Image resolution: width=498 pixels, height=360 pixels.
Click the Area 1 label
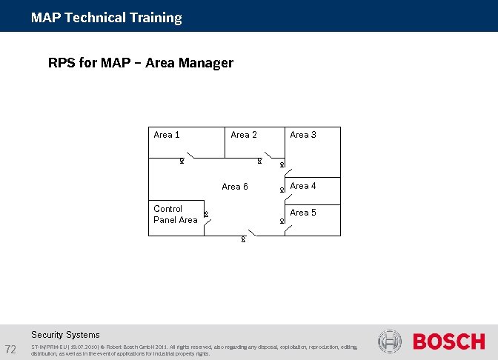[x=166, y=135]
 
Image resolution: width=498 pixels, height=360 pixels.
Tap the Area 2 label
[x=244, y=135]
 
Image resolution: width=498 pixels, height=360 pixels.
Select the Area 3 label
[x=303, y=135]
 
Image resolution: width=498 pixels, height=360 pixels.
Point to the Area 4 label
[x=303, y=186]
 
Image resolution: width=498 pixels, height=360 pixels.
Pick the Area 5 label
[x=303, y=213]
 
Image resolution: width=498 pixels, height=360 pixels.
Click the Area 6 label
[x=235, y=187]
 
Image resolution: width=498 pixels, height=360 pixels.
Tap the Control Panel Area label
[x=175, y=214]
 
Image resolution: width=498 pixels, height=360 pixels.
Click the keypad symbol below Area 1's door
[x=182, y=161]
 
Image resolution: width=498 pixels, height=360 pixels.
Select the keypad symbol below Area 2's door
[x=259, y=161]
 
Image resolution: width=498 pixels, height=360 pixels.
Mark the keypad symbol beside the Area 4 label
[x=282, y=190]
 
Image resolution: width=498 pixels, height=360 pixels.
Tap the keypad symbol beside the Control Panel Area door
[x=205, y=215]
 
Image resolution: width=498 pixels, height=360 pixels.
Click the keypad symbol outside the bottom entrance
[x=243, y=240]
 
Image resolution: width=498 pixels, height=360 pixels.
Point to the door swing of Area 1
[x=191, y=155]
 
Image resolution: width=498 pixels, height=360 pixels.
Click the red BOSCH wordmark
[x=448, y=341]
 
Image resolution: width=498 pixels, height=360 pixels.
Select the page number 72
[x=11, y=349]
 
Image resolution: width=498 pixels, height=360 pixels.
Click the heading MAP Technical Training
[x=106, y=18]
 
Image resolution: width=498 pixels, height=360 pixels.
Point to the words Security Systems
[x=65, y=335]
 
